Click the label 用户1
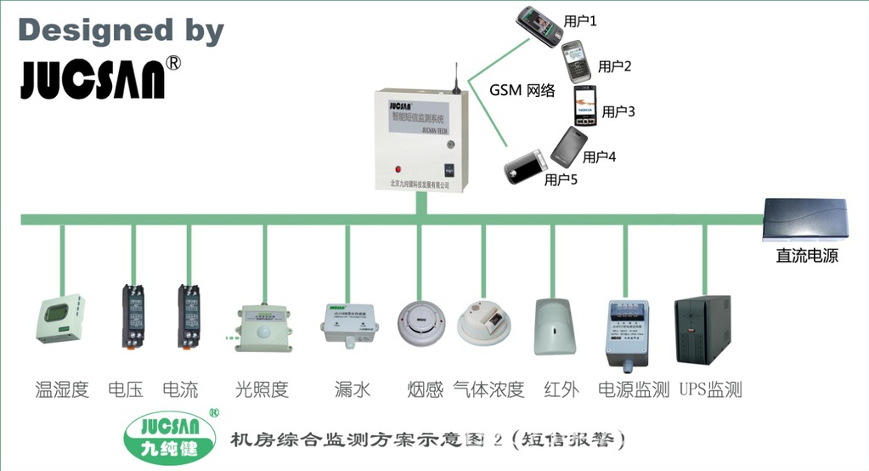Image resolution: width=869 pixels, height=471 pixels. point(580,20)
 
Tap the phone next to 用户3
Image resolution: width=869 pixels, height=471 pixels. point(584,105)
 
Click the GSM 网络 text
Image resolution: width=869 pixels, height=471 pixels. point(522,90)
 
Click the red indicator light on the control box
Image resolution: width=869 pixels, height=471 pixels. point(398,167)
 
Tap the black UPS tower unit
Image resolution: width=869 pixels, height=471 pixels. point(702,330)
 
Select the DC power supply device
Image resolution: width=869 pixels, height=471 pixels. point(806,218)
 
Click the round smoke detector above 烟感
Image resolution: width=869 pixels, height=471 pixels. point(421,324)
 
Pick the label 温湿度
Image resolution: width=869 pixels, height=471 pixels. point(62,389)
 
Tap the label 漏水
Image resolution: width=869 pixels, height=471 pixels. point(353,389)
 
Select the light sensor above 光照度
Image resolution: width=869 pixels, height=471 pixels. point(264,326)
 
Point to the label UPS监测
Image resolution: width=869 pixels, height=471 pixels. point(711,389)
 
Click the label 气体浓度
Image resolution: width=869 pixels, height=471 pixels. point(488,389)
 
